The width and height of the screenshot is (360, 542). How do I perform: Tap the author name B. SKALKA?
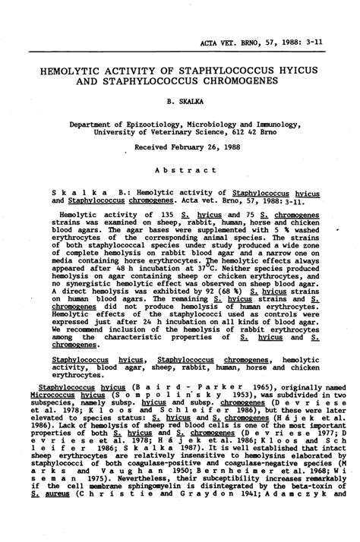click(181, 100)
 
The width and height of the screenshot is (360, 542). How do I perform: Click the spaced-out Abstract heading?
click(180, 171)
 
